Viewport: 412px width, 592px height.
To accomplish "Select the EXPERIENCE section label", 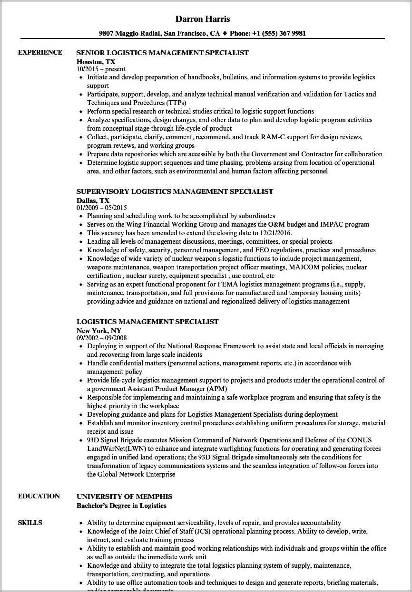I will click(x=40, y=52).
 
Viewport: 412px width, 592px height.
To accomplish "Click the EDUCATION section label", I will click(x=39, y=496).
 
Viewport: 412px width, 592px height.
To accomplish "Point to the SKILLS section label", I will click(x=30, y=523).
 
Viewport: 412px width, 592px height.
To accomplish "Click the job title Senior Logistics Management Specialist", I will click(x=162, y=53).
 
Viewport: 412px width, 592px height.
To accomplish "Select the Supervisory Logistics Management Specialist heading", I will click(x=175, y=191).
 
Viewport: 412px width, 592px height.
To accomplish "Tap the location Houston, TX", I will click(x=96, y=61).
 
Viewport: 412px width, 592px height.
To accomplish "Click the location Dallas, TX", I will click(x=93, y=200).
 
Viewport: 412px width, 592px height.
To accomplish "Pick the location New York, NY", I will click(x=99, y=330).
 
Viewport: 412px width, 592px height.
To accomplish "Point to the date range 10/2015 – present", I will click(x=101, y=69).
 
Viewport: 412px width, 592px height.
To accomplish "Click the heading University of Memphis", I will click(x=124, y=497).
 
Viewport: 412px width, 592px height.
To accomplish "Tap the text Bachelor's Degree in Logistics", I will click(x=121, y=506).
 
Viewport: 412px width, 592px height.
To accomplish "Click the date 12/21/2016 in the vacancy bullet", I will click(x=274, y=233).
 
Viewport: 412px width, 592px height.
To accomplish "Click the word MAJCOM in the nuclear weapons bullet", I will click(x=307, y=267).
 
